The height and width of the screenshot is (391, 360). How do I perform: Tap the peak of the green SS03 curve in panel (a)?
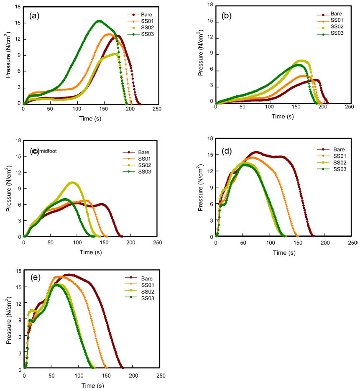(x=99, y=21)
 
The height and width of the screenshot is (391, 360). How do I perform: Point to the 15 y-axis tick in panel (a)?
(x=18, y=23)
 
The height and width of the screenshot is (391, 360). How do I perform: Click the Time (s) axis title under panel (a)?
(x=90, y=118)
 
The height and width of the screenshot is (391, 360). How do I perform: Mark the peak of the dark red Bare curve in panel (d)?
(x=255, y=152)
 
